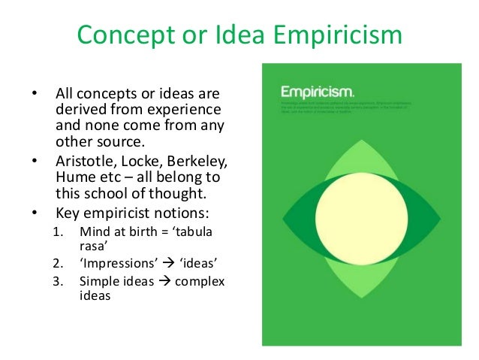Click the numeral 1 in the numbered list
point(59,243)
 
